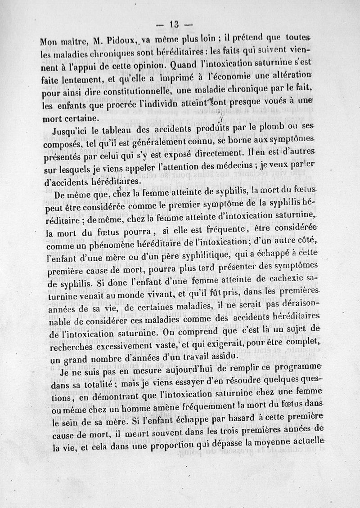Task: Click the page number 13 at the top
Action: tap(174, 25)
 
